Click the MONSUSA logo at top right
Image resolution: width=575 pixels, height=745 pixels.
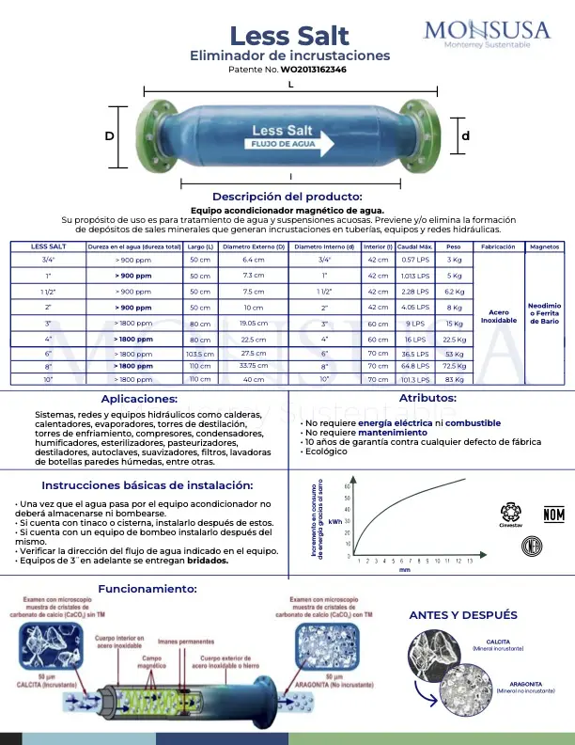pos(487,37)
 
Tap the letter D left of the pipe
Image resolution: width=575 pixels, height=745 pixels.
pos(110,136)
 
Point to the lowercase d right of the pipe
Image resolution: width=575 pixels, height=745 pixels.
pos(465,136)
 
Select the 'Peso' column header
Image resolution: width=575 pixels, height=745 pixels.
pos(454,246)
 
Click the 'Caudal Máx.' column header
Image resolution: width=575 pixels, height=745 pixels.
pos(415,246)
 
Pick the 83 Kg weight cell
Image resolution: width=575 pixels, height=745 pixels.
pos(454,379)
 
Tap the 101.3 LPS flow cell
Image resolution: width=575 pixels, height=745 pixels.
pos(415,379)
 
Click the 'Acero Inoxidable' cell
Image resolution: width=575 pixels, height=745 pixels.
pos(499,317)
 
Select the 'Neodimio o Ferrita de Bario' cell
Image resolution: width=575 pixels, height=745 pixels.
pos(545,313)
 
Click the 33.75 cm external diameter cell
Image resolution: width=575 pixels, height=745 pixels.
pos(254,365)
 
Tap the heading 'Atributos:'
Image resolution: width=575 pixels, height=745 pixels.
pos(427,399)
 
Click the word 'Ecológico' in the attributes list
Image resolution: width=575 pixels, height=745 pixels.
pos(326,452)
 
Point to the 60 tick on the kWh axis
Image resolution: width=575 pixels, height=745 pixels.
pos(348,486)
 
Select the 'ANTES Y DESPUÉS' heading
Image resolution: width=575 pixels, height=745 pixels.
pos(463,615)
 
